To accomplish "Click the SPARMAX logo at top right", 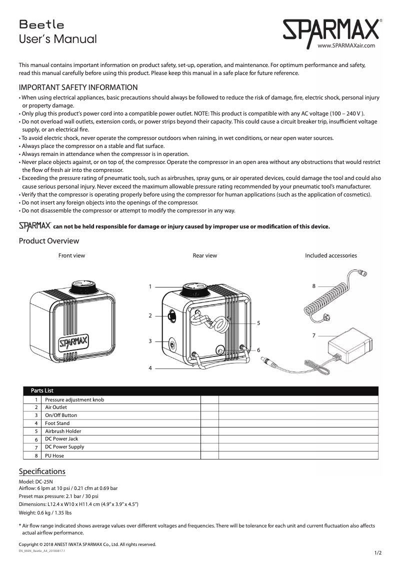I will (330, 31).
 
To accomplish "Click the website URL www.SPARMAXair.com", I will (346, 45).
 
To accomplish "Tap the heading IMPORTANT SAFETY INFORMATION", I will (78, 87).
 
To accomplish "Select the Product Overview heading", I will (48, 241).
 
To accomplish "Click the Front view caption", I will (71, 255).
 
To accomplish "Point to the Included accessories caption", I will (330, 255).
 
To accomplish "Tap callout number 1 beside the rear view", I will (150, 286).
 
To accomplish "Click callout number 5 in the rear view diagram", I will (258, 323).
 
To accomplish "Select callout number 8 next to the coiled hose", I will (313, 286).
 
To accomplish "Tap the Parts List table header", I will (42, 390).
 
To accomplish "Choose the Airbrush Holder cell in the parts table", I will (63, 431).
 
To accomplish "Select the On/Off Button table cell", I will (61, 415).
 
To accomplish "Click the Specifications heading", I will (42, 471).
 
